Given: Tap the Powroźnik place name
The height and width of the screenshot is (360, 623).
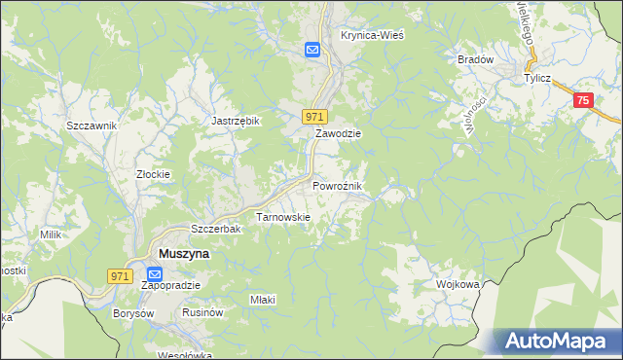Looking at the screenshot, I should point(338,185).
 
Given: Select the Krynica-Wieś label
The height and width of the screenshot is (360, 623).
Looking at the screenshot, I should point(372,34).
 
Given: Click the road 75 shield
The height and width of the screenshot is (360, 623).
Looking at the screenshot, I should point(583,100).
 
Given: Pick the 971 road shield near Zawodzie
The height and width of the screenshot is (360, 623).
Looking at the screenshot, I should point(313,116).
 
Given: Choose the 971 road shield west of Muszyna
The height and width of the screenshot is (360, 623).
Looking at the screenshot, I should point(120,276).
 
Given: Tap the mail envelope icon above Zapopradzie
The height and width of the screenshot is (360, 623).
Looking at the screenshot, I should point(156,274).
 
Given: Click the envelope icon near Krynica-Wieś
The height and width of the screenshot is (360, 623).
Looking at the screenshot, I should point(312,51).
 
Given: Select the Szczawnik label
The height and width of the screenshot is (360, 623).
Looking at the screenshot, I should point(92,126).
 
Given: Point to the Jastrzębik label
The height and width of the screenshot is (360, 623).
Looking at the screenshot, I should point(236,121).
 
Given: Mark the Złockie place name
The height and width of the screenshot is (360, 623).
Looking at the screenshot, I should point(153,175).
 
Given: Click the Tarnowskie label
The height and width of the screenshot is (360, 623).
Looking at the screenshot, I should point(282,217).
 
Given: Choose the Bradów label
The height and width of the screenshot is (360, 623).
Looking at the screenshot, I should point(476,59).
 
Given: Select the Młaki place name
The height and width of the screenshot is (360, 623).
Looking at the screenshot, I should point(263,300).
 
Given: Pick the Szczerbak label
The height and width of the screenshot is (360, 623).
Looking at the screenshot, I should point(215,229).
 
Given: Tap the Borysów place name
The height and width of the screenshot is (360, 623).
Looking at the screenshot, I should point(134,313).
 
